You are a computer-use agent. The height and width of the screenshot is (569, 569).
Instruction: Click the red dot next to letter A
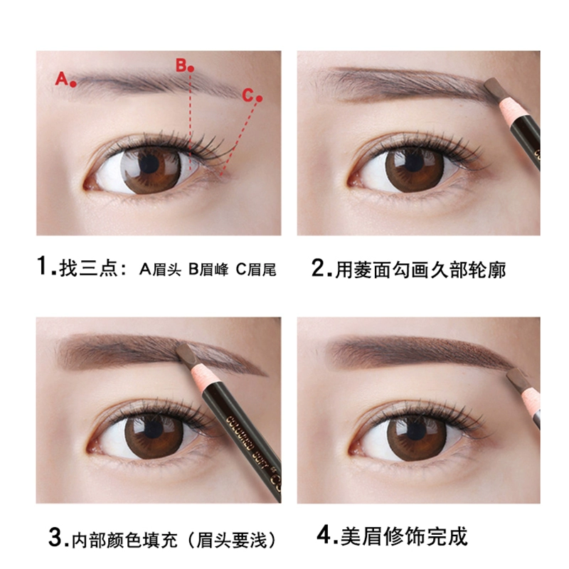(x=73, y=84)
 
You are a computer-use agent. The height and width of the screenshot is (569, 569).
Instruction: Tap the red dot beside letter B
(x=191, y=68)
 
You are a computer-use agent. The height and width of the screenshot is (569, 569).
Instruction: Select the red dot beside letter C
(x=259, y=98)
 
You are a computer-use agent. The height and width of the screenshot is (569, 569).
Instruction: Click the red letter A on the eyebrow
(x=62, y=78)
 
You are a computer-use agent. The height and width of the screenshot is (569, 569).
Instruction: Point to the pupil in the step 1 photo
(x=149, y=164)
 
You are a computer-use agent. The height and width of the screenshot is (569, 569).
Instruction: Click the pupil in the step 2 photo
(x=413, y=163)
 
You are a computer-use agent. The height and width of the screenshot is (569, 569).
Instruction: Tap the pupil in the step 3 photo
(x=151, y=430)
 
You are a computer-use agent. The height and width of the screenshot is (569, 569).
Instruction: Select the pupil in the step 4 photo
(x=415, y=431)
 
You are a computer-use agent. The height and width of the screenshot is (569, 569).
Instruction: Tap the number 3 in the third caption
(x=55, y=538)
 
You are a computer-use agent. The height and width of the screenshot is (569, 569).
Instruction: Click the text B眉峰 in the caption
(x=208, y=270)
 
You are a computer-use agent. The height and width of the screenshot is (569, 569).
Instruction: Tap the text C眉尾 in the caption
(x=256, y=270)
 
